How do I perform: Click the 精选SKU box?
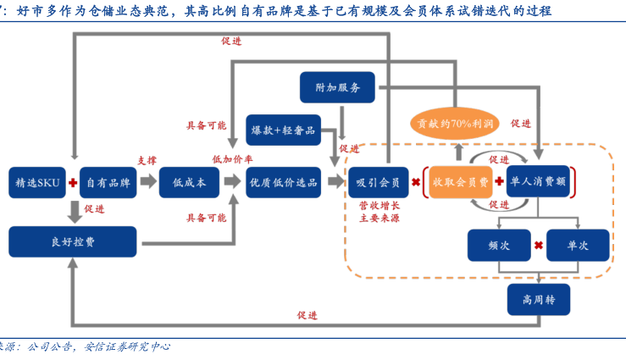coord(36,182)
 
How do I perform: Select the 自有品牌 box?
coord(109,182)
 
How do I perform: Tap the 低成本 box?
coord(189,182)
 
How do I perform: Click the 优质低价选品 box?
coord(283,182)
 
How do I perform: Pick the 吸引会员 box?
coord(378,182)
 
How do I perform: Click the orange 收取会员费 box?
coord(459,182)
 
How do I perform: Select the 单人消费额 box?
coord(540,182)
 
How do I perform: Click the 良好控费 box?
coord(75,241)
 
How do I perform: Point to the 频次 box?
coord(498,245)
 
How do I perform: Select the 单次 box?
coord(578,245)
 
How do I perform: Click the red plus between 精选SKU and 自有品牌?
coord(74,182)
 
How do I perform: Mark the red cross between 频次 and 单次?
coord(538,246)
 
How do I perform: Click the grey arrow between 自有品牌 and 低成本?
coord(148,182)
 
